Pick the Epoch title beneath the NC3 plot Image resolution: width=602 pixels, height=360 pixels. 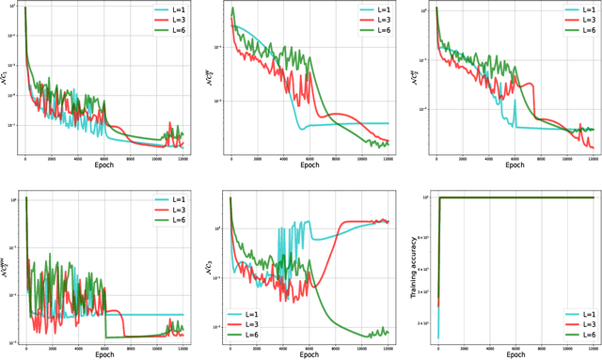tap(307, 355)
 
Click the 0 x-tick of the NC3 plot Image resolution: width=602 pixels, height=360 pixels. tap(230, 346)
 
